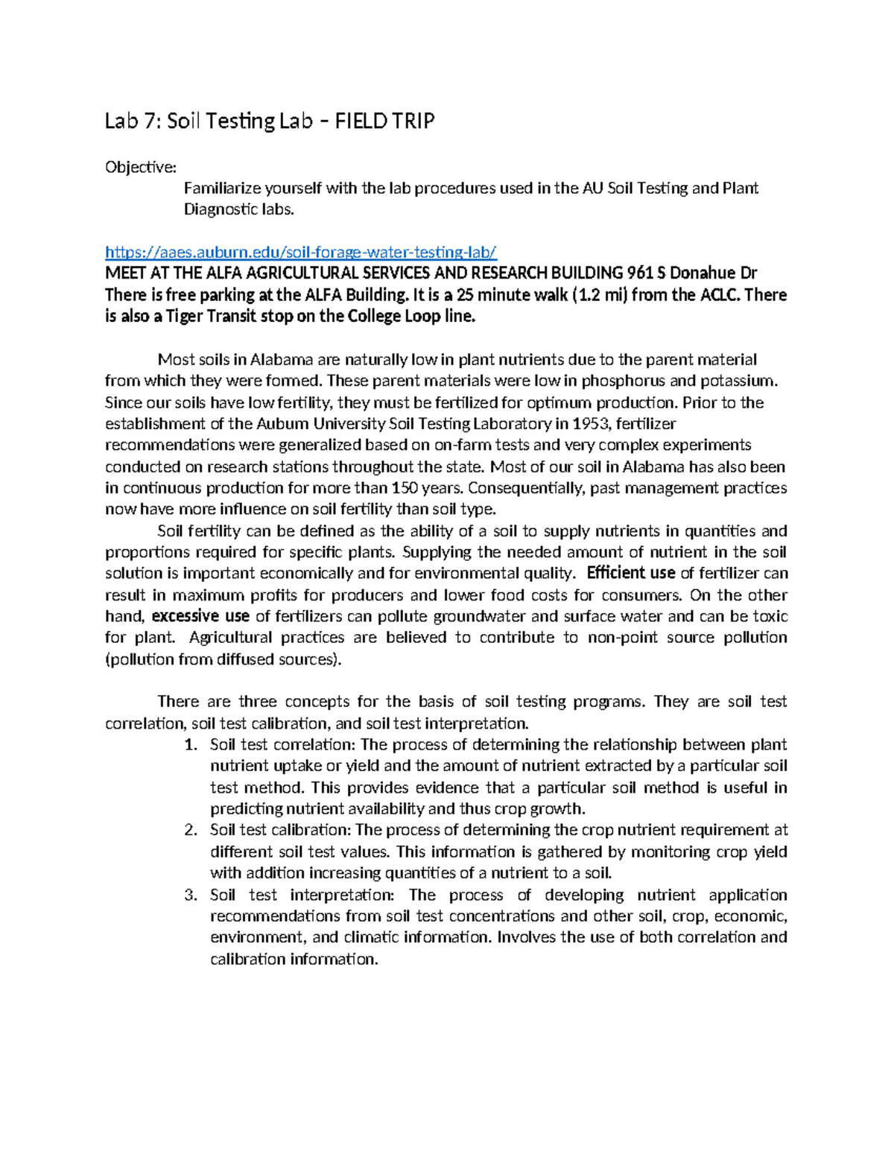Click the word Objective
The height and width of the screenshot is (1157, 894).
click(140, 167)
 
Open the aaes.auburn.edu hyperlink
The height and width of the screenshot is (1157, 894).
click(300, 252)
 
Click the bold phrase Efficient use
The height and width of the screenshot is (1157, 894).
click(631, 573)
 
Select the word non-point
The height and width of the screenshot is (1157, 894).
click(621, 638)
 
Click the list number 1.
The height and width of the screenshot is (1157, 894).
click(191, 745)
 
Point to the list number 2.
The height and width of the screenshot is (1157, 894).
click(191, 830)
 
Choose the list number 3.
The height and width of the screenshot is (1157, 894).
click(191, 895)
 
